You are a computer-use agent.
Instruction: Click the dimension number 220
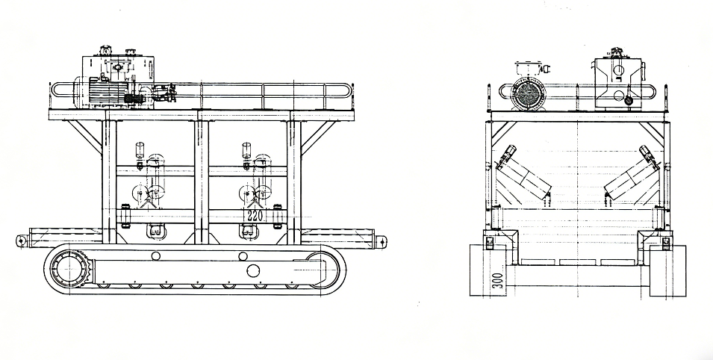(254, 216)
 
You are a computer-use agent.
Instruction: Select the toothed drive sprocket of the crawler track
(69, 269)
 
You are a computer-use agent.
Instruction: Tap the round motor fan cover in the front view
(528, 95)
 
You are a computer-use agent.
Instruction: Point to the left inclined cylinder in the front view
(524, 173)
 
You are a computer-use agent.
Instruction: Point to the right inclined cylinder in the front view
(632, 173)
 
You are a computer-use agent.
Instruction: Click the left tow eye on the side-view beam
(22, 240)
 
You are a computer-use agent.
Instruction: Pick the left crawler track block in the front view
(488, 270)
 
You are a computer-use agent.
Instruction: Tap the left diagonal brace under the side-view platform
(86, 136)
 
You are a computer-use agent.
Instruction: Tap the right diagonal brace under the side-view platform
(317, 136)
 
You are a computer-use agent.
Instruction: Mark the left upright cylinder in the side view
(140, 151)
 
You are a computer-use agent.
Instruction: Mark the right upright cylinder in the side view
(246, 151)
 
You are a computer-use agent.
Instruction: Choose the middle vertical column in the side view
(202, 177)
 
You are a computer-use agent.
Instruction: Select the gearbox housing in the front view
(618, 84)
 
